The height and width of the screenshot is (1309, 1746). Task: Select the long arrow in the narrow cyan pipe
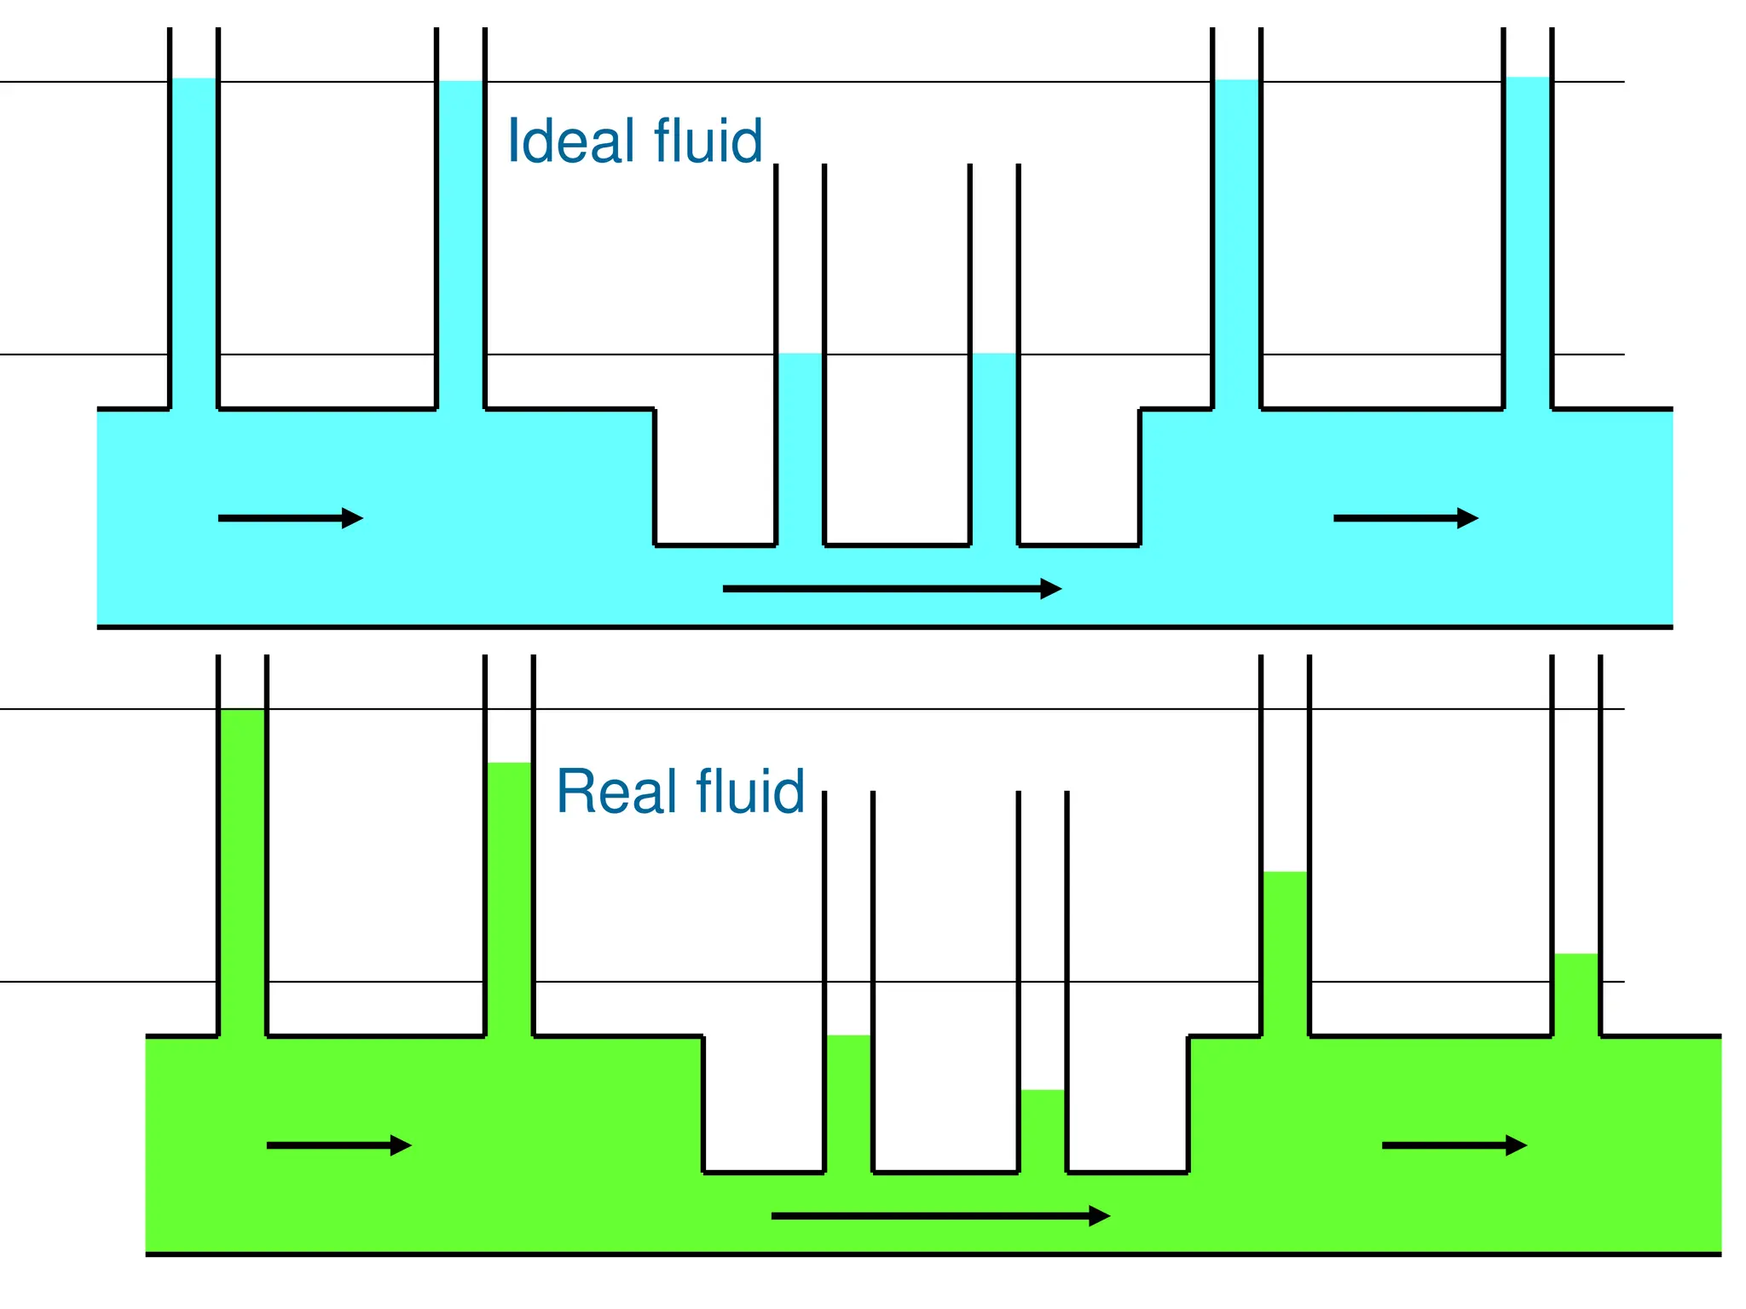click(892, 589)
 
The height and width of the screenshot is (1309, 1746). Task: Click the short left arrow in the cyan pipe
click(291, 518)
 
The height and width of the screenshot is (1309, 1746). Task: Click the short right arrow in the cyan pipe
click(1406, 518)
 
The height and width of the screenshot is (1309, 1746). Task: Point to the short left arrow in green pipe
click(339, 1145)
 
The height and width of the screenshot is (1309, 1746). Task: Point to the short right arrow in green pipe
click(1454, 1145)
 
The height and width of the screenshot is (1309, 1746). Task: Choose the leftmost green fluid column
click(242, 869)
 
